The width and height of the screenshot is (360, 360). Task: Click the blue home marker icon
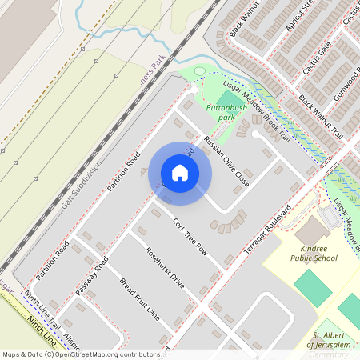180,172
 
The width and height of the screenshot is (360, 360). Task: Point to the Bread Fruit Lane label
140,299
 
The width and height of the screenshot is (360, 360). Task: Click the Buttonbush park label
226,111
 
